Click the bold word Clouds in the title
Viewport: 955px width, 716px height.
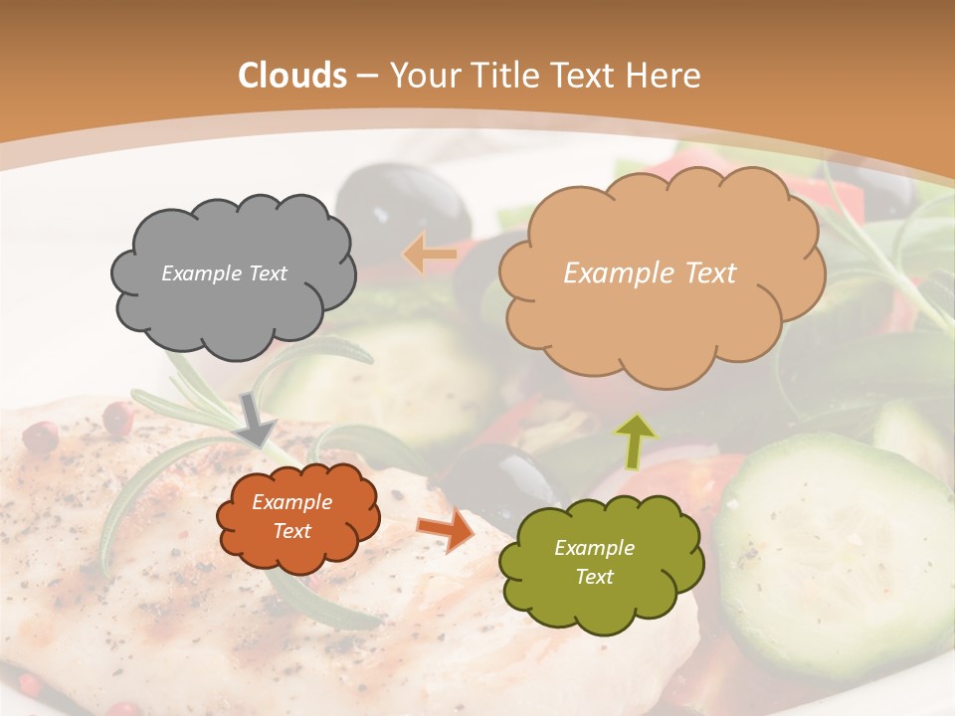(292, 76)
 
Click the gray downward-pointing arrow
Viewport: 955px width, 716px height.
(257, 419)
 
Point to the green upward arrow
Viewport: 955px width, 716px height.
(636, 441)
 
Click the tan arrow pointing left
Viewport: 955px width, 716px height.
(430, 254)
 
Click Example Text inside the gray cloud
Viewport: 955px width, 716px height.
(224, 273)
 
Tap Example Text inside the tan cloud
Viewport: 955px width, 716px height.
(650, 273)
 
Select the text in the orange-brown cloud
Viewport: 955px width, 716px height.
(291, 517)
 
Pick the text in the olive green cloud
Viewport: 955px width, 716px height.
(594, 562)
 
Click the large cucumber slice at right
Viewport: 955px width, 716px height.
(836, 552)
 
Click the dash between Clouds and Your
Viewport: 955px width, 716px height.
(366, 77)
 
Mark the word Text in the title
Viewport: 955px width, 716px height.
(587, 76)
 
